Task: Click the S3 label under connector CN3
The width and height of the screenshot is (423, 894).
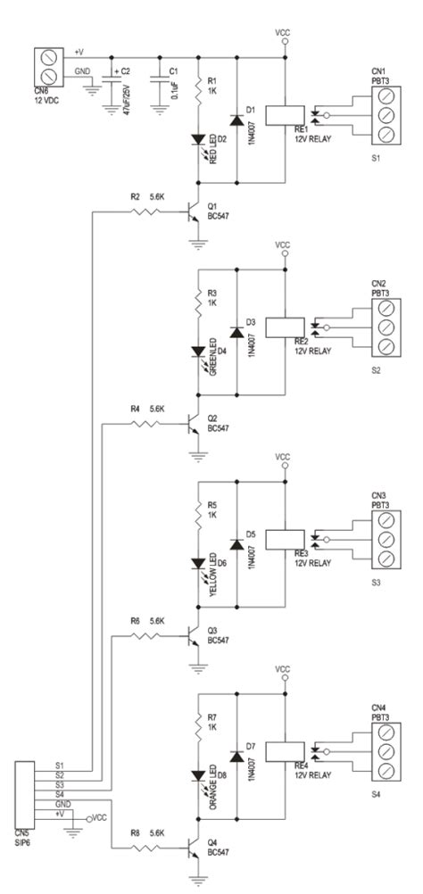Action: pyautogui.click(x=376, y=581)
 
